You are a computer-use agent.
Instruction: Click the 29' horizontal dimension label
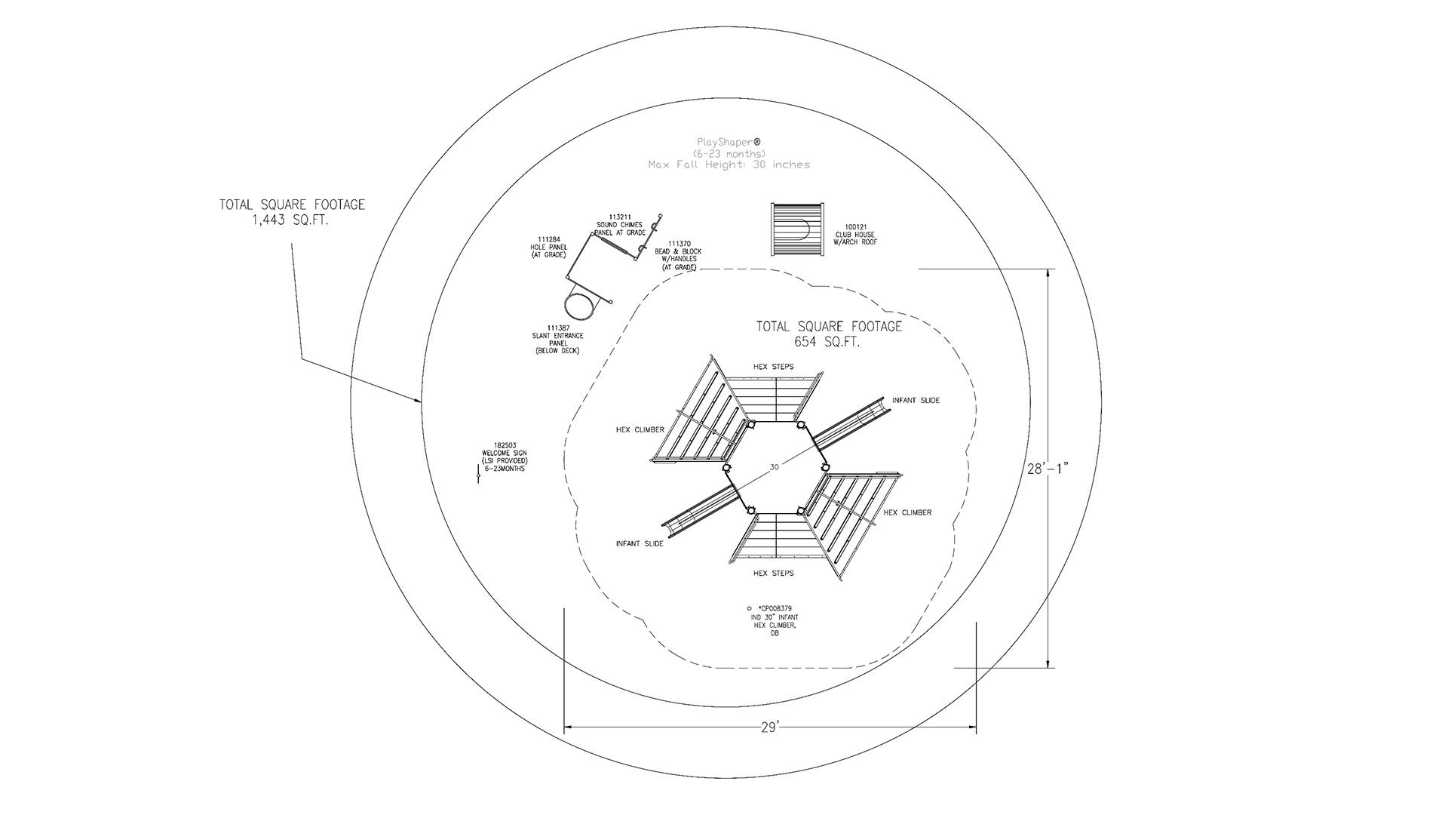[x=770, y=727]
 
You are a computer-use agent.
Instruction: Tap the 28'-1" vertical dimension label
[x=1048, y=469]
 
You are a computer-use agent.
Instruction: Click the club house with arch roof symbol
[x=795, y=229]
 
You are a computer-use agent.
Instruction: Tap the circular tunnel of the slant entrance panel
[x=580, y=306]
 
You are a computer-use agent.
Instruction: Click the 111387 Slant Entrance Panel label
[x=557, y=340]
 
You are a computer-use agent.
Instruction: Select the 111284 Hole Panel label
[x=548, y=248]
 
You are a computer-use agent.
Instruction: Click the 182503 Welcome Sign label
[x=505, y=457]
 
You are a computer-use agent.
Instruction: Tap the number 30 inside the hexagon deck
[x=775, y=467]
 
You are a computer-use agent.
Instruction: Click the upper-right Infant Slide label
[x=916, y=400]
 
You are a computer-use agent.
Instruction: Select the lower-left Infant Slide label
[x=640, y=543]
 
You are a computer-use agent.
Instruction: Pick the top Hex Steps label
[x=773, y=367]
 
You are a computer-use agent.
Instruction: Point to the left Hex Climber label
[x=640, y=429]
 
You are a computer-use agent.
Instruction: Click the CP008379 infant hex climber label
[x=772, y=620]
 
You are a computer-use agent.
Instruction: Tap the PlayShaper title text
[x=729, y=152]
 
